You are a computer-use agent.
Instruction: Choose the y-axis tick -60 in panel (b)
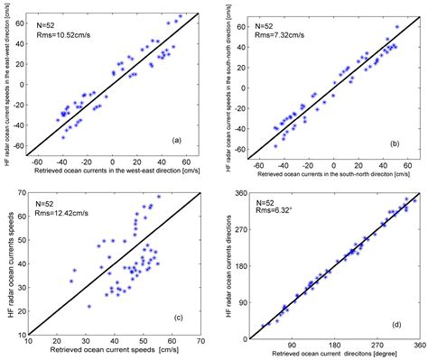pos(233,150)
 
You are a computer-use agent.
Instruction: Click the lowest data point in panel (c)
pos(88,307)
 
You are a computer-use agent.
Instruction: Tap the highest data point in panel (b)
pos(396,28)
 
